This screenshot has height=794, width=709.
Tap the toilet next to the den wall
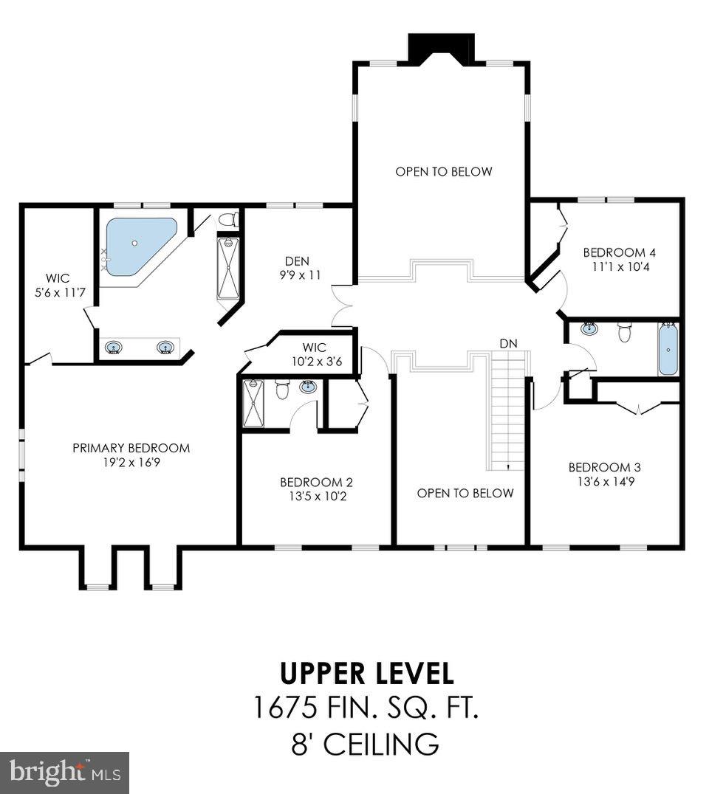point(229,219)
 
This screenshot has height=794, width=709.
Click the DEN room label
point(297,261)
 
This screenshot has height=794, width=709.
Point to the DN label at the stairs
point(508,343)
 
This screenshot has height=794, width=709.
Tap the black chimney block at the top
point(442,49)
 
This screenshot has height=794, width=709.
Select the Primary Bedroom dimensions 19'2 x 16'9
point(131,463)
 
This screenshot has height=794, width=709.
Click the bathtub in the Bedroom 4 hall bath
point(668,349)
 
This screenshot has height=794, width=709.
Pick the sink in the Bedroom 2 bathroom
point(308,387)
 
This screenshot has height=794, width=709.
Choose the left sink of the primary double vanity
point(114,348)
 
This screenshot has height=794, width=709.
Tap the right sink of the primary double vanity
point(165,348)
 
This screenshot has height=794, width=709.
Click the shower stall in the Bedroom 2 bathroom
point(253,404)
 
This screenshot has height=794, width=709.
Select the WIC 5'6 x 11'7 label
point(59,285)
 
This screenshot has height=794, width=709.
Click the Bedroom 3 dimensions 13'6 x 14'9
point(606,482)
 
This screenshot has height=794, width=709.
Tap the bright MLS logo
point(65,772)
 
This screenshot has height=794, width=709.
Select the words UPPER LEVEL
point(366,674)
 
